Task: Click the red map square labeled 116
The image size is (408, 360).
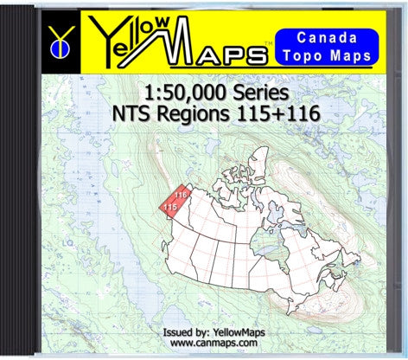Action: point(179,196)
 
